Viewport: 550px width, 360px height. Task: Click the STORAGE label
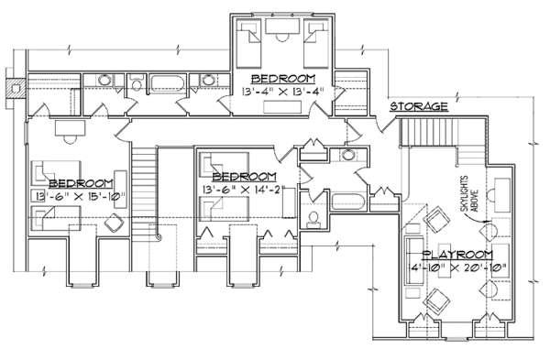coord(419,106)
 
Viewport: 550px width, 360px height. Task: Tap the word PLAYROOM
coord(458,255)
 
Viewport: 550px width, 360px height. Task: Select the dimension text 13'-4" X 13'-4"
coord(282,92)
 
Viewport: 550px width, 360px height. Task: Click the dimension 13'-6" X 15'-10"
coord(81,197)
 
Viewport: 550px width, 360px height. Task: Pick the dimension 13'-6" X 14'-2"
coord(244,190)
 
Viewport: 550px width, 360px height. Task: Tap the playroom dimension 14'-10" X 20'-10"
coord(457,267)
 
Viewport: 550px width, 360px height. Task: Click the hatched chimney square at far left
coord(16,88)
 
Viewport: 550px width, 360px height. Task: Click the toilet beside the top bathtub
coord(136,83)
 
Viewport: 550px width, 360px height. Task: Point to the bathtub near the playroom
coord(348,202)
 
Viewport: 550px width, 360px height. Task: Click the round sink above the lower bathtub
coord(348,154)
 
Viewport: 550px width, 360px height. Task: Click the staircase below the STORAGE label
coord(429,132)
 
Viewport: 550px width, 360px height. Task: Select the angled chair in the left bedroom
coord(114,223)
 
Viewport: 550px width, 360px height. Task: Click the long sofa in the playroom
coord(414,261)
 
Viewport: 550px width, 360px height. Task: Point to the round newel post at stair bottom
coord(159,238)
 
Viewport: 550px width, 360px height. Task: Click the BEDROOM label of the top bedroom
coord(283,79)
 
